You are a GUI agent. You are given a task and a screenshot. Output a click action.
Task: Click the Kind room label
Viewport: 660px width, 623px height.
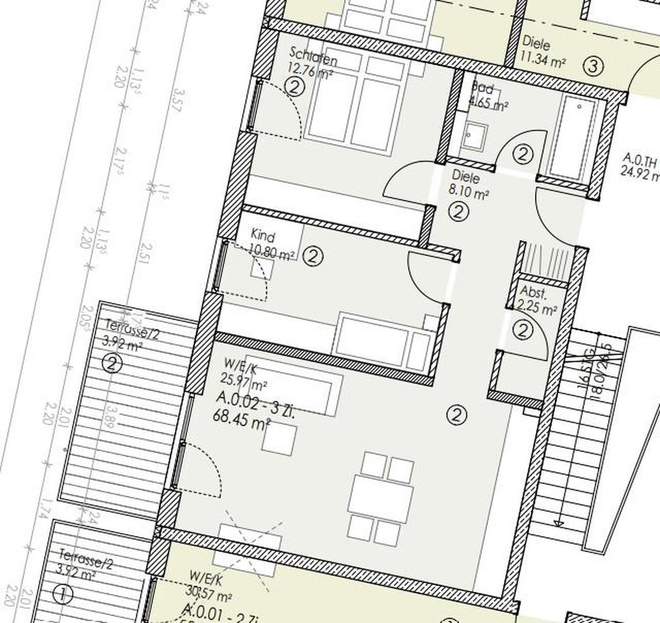[263, 236]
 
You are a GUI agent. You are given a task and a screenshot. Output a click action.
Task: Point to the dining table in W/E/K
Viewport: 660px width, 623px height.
[381, 496]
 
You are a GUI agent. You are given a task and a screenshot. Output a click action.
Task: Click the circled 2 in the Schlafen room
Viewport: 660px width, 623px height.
[295, 87]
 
